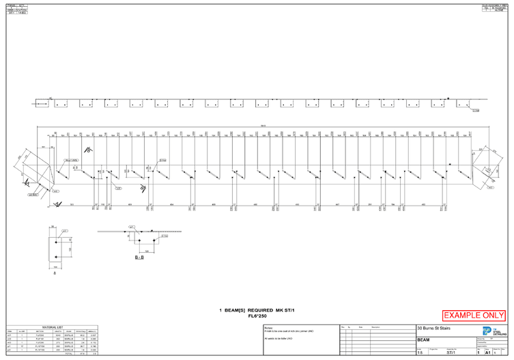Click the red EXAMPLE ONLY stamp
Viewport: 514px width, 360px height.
coord(474,316)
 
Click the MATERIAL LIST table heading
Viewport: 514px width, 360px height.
coord(52,327)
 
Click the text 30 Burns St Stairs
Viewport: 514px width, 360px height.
coord(433,329)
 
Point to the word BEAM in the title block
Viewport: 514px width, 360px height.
coord(424,340)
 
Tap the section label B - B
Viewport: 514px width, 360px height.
coord(139,258)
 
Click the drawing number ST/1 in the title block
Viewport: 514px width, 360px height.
coord(451,353)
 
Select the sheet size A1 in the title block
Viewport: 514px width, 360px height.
coord(488,352)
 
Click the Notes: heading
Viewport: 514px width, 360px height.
coord(269,327)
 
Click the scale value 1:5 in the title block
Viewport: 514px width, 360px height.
coord(420,353)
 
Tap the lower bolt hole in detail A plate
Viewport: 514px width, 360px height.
coord(55,257)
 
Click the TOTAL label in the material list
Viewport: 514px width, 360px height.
coord(68,354)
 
